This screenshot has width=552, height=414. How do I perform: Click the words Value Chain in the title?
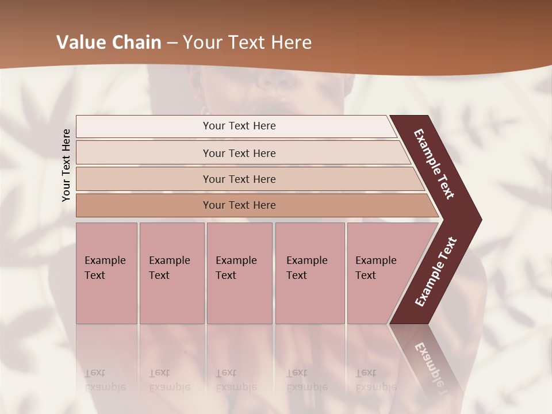point(109,43)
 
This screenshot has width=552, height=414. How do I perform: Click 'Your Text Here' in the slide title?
point(247,43)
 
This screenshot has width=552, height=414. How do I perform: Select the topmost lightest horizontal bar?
point(144,126)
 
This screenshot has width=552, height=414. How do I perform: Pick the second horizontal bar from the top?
point(144,153)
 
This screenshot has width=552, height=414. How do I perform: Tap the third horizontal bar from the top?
point(144,179)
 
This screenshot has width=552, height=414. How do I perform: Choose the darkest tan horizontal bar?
point(144,205)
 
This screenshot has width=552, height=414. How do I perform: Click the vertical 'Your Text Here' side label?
point(66,165)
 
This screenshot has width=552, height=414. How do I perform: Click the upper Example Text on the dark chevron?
point(434,164)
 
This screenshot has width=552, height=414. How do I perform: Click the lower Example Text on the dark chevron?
point(435,272)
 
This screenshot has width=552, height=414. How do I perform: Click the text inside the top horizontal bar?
point(239,126)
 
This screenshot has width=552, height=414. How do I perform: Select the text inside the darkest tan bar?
point(239,205)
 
